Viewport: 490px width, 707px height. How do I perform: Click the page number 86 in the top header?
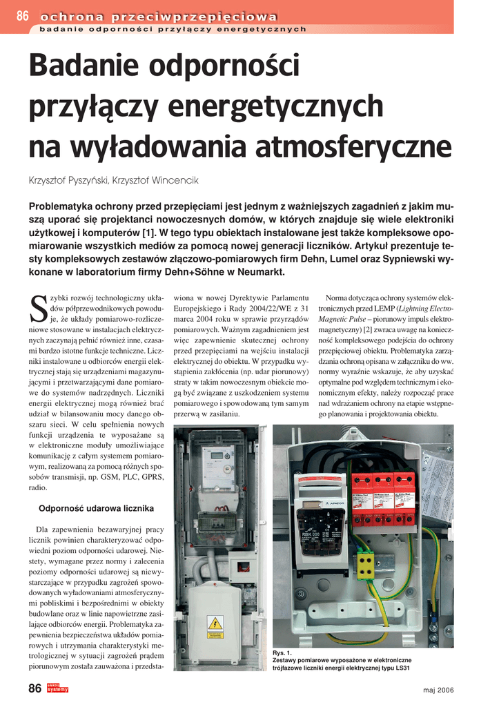[x=21, y=16]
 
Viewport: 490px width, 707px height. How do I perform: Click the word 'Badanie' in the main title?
[x=84, y=67]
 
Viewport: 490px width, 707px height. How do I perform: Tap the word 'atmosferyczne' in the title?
[x=353, y=146]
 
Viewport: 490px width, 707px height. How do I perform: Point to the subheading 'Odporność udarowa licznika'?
[x=96, y=509]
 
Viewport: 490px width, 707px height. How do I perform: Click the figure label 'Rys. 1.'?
[x=282, y=652]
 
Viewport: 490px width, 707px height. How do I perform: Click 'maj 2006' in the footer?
[x=438, y=690]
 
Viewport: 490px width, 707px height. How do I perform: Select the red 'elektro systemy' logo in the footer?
[x=57, y=688]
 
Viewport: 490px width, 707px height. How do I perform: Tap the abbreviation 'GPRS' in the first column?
[x=152, y=476]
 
